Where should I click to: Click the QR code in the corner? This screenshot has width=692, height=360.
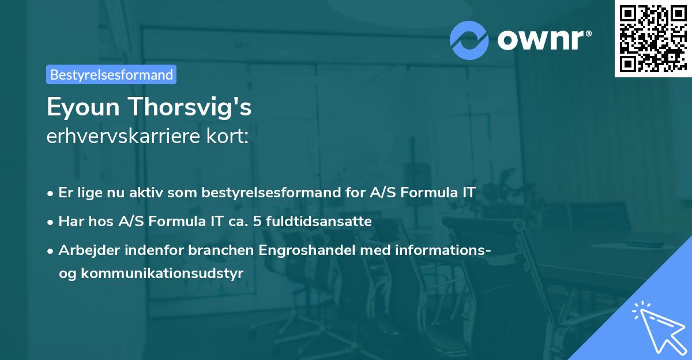point(653,39)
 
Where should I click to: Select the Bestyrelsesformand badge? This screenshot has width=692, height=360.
point(111,74)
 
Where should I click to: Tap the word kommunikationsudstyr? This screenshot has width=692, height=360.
point(163,273)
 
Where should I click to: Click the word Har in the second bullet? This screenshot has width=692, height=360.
point(70,221)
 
